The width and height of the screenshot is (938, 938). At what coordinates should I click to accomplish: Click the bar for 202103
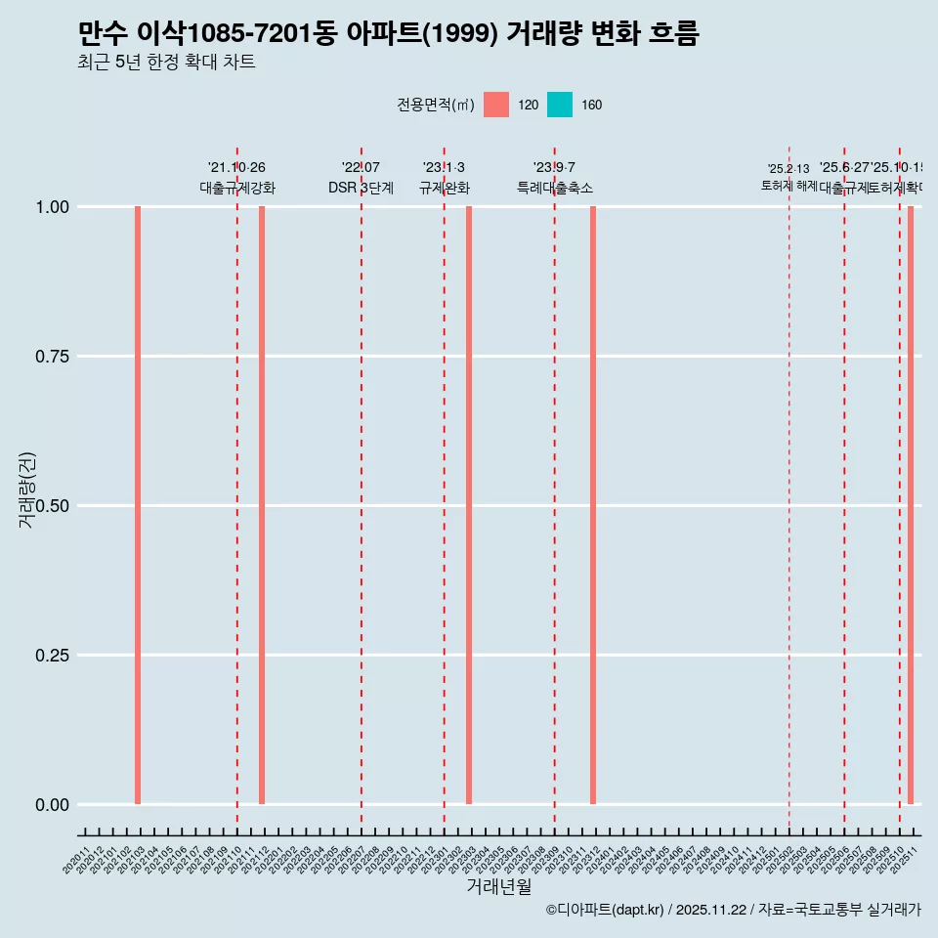(x=138, y=505)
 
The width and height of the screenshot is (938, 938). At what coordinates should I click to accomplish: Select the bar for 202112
(x=262, y=505)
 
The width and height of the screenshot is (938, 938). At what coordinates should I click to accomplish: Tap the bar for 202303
(x=469, y=505)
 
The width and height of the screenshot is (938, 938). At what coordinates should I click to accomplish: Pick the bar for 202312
(x=593, y=505)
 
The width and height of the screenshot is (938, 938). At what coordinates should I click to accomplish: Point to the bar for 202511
(x=911, y=505)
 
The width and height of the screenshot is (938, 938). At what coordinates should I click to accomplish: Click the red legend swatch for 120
(x=496, y=105)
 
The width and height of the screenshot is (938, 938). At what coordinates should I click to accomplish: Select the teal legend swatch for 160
(x=560, y=105)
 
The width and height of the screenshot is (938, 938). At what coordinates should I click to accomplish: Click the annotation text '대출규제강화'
(x=237, y=188)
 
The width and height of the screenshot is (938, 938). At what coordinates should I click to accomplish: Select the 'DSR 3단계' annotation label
(x=361, y=188)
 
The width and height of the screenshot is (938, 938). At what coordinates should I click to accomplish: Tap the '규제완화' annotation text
(x=445, y=188)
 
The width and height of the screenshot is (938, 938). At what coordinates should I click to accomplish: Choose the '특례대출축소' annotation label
(x=555, y=188)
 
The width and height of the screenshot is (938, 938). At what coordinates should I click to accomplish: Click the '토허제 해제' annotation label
(x=789, y=186)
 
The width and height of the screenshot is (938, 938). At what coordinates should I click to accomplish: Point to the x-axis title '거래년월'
(x=498, y=886)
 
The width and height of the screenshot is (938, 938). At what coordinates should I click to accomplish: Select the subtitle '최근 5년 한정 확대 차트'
(x=166, y=63)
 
